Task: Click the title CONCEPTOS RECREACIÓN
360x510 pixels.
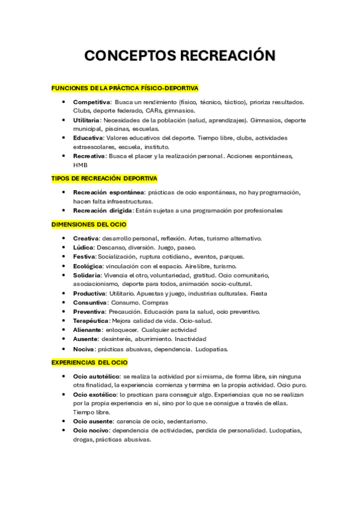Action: point(180,56)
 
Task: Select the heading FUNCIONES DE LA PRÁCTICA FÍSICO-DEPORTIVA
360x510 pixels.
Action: point(125,88)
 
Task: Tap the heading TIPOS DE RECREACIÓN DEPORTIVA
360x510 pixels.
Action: point(105,179)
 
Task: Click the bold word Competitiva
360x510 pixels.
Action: point(92,102)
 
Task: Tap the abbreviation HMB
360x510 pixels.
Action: point(80,165)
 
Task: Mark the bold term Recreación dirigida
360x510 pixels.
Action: point(103,210)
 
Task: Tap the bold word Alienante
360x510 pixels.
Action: point(87,330)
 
